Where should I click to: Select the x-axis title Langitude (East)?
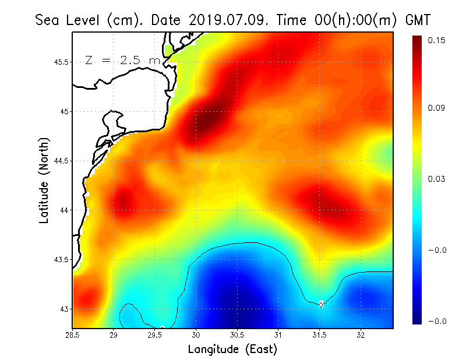(232, 350)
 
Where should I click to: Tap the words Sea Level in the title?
(69, 20)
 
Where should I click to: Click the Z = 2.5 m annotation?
(122, 60)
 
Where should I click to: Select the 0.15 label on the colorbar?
(437, 40)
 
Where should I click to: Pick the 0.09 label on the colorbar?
(437, 108)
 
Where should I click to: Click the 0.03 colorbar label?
(437, 179)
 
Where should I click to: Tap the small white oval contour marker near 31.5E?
(321, 304)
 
